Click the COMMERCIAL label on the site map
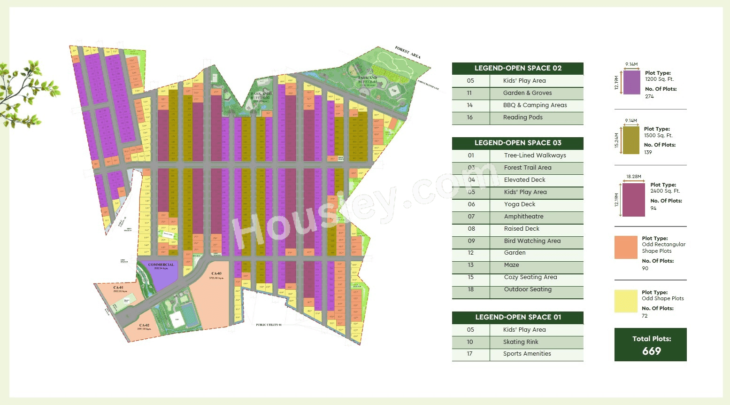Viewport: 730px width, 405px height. coord(161,265)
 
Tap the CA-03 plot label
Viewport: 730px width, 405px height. coord(216,273)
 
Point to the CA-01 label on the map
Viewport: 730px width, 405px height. coord(118,288)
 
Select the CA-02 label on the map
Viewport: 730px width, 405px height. coord(144,325)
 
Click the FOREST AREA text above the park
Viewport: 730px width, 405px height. coord(407,52)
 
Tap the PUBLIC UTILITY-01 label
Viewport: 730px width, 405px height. coord(269,325)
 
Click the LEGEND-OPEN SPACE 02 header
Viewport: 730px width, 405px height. coord(518,68)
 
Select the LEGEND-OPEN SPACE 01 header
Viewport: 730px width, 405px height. coord(518,317)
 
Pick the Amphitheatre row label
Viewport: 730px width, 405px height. coord(523,217)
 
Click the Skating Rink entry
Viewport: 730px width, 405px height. coord(521,342)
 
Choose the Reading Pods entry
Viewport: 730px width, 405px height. coord(523,117)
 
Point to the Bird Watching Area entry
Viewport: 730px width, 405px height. coord(532,241)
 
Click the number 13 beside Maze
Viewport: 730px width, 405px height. coord(470,265)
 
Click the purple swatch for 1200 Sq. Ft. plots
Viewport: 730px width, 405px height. coord(631,82)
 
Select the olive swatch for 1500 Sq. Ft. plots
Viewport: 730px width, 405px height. coord(631,140)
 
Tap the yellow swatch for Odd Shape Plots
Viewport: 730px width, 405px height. coord(626,301)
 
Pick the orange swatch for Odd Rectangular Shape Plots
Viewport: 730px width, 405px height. coord(626,247)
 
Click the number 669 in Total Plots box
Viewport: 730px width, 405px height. coord(651,351)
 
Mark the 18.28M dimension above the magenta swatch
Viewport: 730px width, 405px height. coord(633,177)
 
